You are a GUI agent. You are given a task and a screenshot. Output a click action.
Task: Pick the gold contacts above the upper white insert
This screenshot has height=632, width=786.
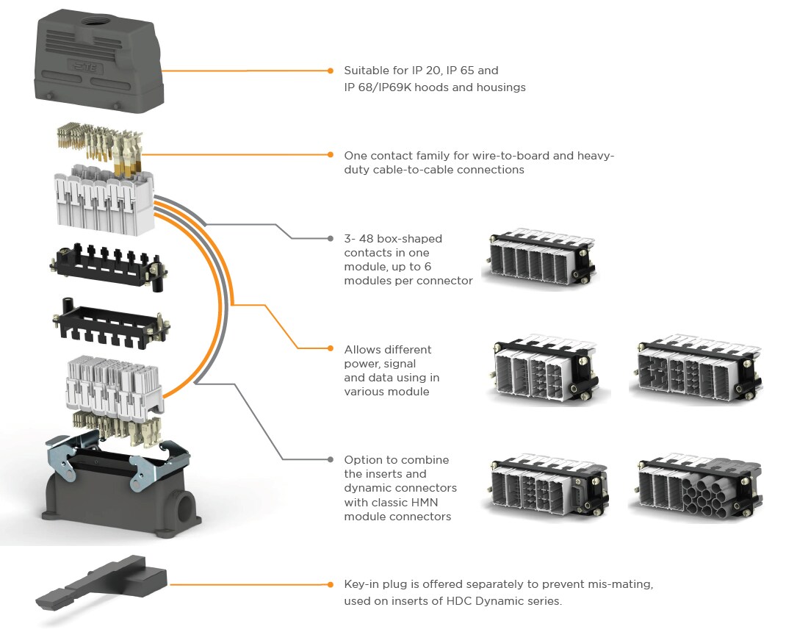coord(99,144)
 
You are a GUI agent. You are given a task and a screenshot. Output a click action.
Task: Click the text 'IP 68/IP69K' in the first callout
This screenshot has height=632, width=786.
coord(378,87)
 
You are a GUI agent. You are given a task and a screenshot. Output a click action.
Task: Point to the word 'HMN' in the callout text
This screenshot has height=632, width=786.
coord(417,502)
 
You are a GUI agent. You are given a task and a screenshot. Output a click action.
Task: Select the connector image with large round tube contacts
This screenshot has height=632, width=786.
coord(695,488)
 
